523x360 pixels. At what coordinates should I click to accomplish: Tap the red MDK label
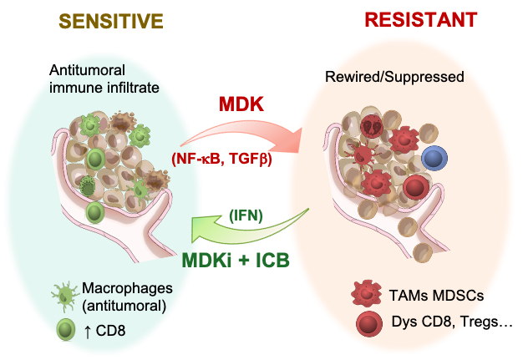(x=242, y=105)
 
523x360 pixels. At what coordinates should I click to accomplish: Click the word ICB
(x=269, y=259)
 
